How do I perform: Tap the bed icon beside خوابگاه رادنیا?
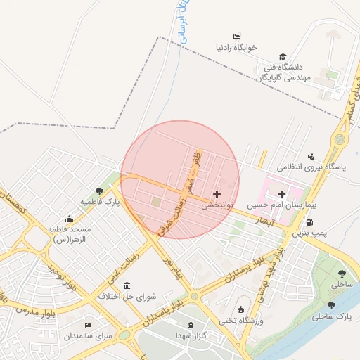click(236, 37)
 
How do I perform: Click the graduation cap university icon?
click(283, 56)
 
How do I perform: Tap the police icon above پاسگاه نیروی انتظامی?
click(311, 156)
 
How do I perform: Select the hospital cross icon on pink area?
click(282, 194)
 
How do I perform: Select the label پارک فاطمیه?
click(99, 202)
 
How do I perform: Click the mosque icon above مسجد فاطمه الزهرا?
click(69, 219)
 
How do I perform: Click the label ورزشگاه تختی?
click(241, 321)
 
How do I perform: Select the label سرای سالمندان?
click(89, 336)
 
